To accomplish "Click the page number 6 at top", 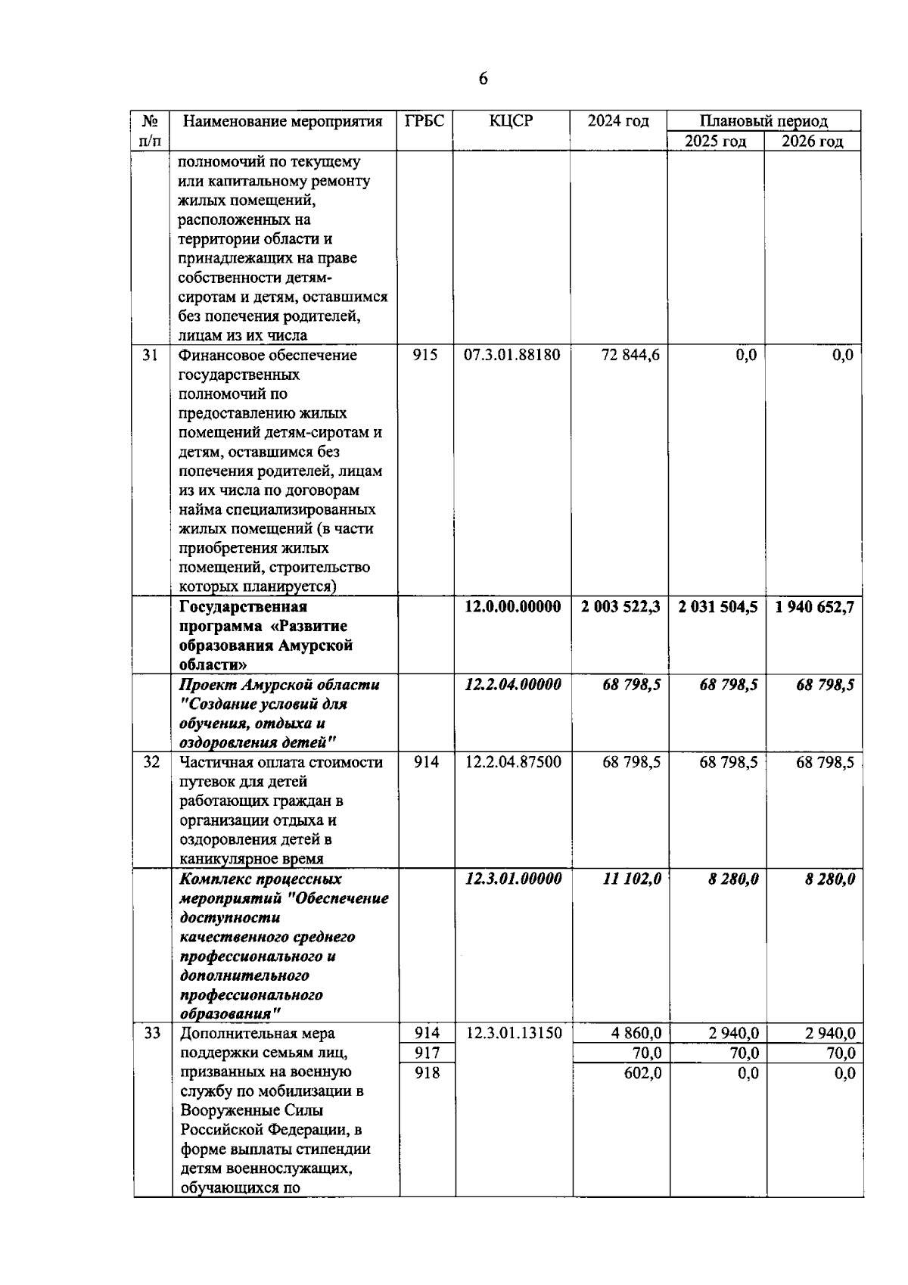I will tap(484, 79).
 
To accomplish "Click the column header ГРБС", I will tap(424, 121).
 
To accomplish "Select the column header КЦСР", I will tap(512, 121).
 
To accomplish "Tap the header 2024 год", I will tap(618, 121).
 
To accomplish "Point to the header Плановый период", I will tap(763, 121).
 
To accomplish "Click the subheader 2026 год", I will tap(812, 142).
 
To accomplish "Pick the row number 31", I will tap(150, 355).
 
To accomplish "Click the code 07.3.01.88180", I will tap(512, 355).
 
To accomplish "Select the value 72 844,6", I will tap(630, 355).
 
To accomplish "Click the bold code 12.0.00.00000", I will tap(512, 607).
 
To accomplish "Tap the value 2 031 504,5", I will tap(718, 607).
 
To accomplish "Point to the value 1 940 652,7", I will tap(815, 607).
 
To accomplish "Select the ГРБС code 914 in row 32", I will tap(426, 762).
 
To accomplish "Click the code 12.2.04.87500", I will tap(513, 762).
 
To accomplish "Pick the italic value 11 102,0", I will tap(632, 879).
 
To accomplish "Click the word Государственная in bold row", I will tap(243, 607).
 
